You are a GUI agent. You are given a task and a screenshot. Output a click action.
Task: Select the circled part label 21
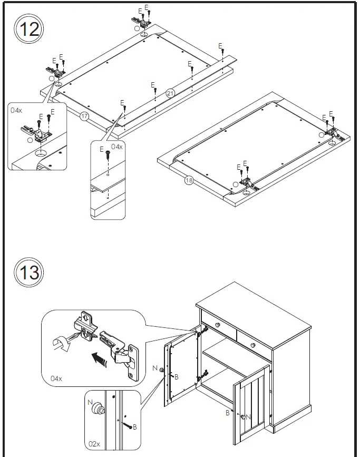click(170, 93)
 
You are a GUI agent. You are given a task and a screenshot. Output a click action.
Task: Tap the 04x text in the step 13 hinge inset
click(56, 378)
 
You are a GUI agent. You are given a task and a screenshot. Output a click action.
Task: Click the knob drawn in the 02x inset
click(97, 410)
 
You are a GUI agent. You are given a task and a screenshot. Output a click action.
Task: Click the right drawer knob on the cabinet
click(254, 345)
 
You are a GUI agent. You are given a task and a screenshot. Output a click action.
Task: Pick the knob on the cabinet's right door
click(243, 417)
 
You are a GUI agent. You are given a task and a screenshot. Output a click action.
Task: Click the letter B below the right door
click(228, 413)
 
